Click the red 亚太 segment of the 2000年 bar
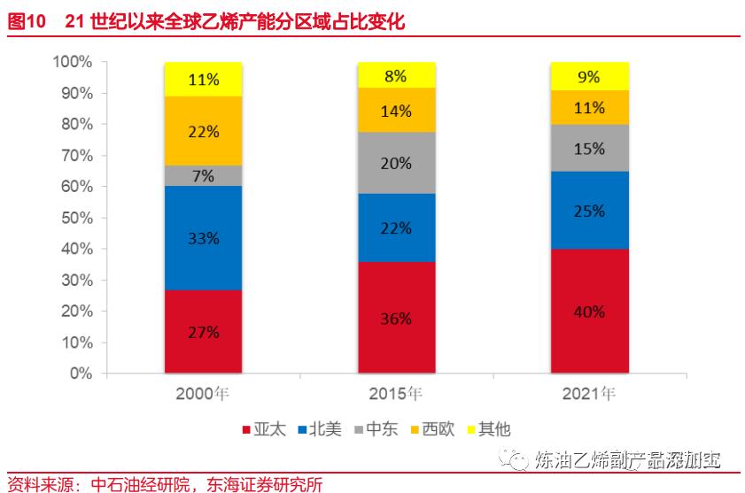[x=203, y=331]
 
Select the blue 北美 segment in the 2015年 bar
[x=396, y=227]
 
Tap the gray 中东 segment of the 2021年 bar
[x=590, y=148]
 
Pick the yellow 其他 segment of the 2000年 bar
[x=203, y=79]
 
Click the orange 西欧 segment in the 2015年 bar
[x=396, y=111]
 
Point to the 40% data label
[x=590, y=312]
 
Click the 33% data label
[x=203, y=238]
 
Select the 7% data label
[x=203, y=175]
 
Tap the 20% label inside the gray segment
[x=396, y=163]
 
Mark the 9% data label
[x=590, y=77]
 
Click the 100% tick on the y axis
[x=73, y=62]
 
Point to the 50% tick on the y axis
[x=76, y=218]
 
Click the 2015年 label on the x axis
[x=396, y=394]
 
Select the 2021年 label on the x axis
[x=589, y=394]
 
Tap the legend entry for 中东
[x=376, y=430]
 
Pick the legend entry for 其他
[x=487, y=430]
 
